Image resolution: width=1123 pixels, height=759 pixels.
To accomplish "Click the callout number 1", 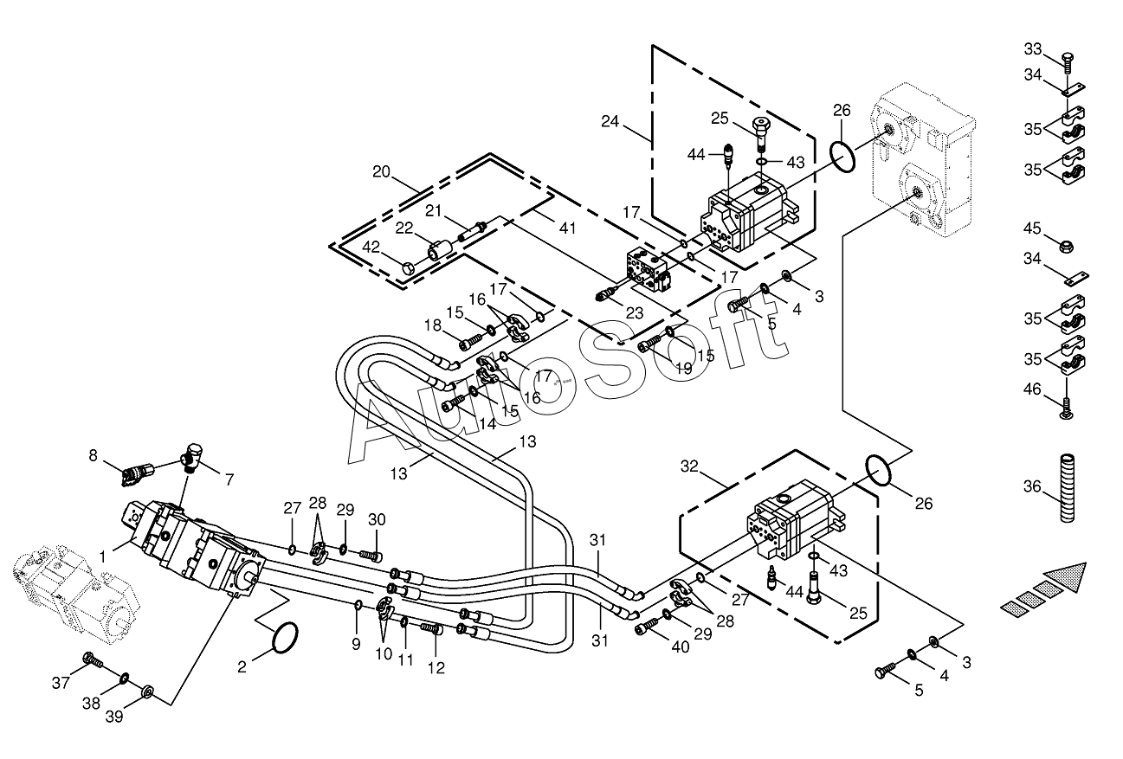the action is click(x=103, y=556).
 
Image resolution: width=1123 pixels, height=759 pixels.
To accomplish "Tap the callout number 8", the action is click(x=93, y=455).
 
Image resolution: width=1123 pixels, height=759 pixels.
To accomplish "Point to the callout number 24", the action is click(x=610, y=121).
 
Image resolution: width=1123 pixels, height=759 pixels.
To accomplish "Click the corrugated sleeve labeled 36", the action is click(x=1067, y=488).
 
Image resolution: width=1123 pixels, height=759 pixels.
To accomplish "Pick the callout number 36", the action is click(x=1032, y=486).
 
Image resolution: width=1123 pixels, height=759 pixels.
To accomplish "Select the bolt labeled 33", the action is click(x=1067, y=63).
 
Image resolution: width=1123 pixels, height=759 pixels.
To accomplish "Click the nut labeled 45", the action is click(x=1067, y=246).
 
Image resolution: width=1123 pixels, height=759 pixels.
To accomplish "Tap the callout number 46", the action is click(x=1032, y=389).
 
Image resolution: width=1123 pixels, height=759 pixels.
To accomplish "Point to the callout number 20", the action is click(x=381, y=172).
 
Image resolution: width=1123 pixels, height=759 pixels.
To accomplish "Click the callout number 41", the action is click(x=567, y=228).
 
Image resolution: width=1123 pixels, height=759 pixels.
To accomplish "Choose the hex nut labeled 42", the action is click(x=409, y=268).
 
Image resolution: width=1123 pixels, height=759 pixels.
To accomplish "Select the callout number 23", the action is click(x=634, y=313).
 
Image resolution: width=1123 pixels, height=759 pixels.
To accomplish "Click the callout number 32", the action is click(x=689, y=466).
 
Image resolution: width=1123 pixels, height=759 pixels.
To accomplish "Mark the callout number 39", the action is click(x=114, y=717).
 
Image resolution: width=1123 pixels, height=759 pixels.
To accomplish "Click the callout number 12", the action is click(x=436, y=668).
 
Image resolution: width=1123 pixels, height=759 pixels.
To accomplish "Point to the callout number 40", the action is click(x=681, y=647).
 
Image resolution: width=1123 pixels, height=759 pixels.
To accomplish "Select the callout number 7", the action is click(x=229, y=480).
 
